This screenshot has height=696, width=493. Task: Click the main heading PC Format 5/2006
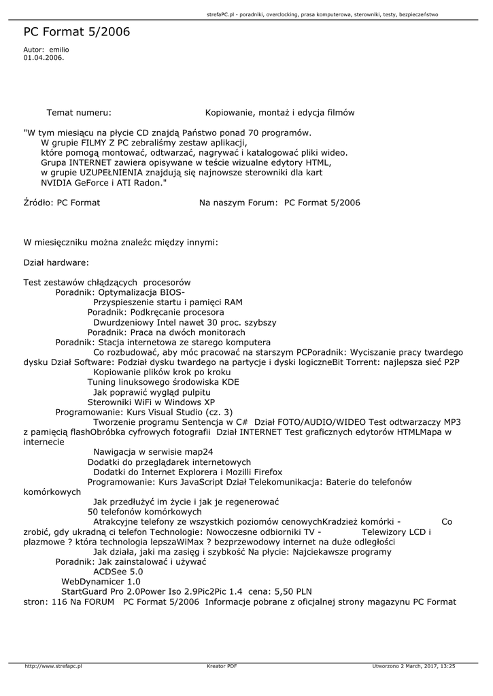[76, 32]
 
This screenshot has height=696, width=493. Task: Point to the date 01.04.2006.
[44, 58]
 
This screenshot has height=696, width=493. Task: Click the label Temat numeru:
[79, 112]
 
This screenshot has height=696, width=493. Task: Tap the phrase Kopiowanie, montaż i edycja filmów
[279, 112]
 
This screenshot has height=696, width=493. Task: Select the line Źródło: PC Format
[62, 203]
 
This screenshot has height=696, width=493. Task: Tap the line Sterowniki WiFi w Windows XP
[151, 402]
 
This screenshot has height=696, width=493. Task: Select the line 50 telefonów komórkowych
[145, 511]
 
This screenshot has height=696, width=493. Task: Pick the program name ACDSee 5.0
[118, 572]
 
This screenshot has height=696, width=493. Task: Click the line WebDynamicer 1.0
[101, 582]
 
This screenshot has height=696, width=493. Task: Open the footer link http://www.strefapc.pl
[53, 667]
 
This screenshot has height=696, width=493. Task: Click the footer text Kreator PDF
[222, 667]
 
